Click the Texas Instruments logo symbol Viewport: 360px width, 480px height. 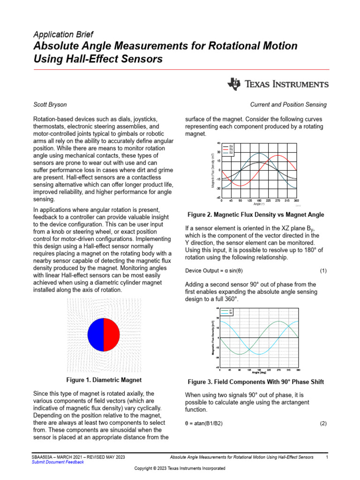[233, 84]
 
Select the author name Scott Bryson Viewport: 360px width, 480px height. [51, 105]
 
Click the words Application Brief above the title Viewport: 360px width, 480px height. [63, 34]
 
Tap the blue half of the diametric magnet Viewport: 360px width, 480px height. [96, 334]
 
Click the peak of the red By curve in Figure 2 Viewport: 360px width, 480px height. [277, 156]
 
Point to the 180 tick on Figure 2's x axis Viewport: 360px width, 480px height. [259, 200]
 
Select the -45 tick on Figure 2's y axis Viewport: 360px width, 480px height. [218, 197]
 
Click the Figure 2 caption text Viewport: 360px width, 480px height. [255, 215]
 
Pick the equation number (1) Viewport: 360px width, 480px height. [323, 271]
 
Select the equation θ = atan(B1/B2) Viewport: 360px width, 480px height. [204, 423]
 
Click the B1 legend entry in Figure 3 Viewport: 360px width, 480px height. [231, 310]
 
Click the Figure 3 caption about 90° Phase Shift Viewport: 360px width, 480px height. [255, 382]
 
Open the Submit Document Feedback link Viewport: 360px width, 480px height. [58, 462]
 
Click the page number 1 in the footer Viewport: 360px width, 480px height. [327, 457]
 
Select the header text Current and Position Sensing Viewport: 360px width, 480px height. [288, 105]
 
